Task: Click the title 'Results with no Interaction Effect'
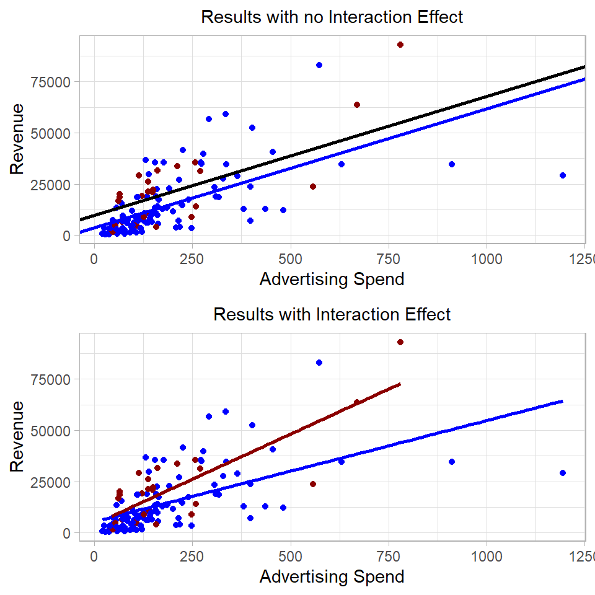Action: [332, 17]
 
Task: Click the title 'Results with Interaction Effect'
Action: [332, 314]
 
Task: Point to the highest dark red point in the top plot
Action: [400, 45]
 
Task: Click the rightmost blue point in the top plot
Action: [563, 175]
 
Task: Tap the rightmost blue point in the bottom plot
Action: [563, 473]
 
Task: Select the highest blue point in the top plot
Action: [319, 65]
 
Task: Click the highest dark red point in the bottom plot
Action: [400, 342]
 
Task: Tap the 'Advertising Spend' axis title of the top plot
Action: [332, 280]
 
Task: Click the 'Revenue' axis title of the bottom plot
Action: [18, 436]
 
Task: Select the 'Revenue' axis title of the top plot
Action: [18, 139]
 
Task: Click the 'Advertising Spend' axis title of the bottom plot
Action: [332, 577]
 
